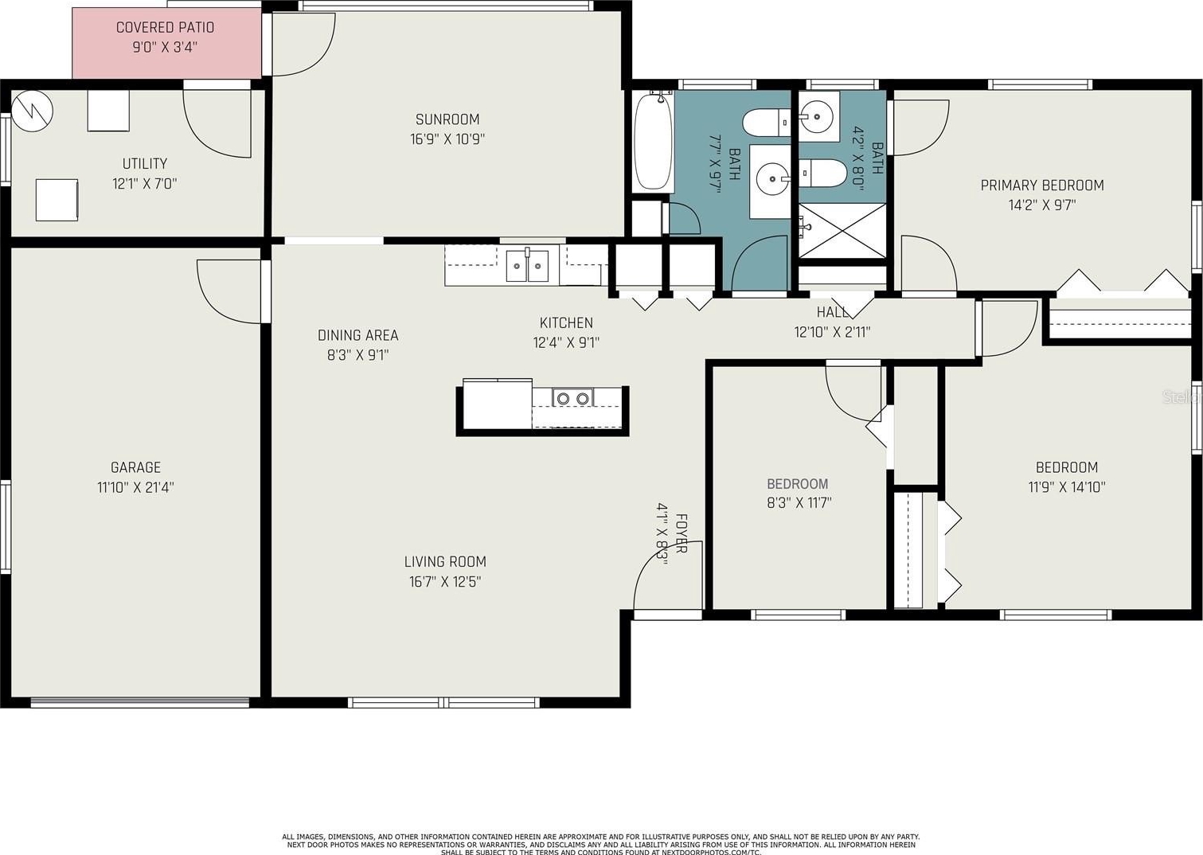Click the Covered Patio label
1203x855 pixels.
point(165,27)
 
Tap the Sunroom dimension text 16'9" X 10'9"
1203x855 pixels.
point(447,139)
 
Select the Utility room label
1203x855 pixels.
point(144,164)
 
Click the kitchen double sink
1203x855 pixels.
point(527,265)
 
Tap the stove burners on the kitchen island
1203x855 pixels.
point(572,398)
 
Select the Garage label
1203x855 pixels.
point(135,467)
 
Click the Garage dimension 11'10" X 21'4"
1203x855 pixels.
point(135,488)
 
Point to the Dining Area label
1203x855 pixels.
point(357,336)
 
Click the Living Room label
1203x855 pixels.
point(445,562)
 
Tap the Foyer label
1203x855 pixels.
point(681,534)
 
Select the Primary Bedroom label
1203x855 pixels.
point(1042,185)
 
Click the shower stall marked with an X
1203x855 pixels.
point(842,230)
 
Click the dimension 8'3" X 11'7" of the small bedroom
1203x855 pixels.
point(799,503)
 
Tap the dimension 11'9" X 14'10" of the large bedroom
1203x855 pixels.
point(1067,487)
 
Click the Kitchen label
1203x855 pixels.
point(566,322)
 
